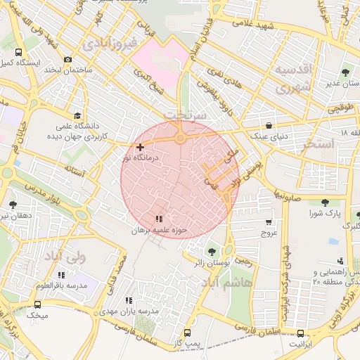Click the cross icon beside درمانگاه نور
[141, 147]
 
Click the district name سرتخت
[184, 114]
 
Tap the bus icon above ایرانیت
[301, 334]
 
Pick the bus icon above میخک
[37, 305]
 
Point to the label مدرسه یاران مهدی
[129, 310]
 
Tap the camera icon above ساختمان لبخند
[67, 60]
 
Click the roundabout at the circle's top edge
[180, 139]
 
